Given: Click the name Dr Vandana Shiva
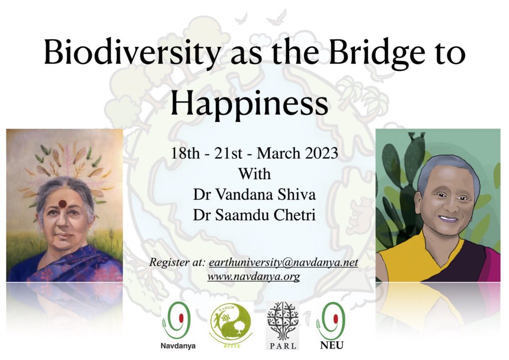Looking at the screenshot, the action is (x=254, y=195).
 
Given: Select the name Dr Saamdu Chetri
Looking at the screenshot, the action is (x=254, y=215).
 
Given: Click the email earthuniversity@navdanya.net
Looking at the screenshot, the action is (x=283, y=262).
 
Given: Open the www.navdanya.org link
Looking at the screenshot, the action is (x=254, y=277).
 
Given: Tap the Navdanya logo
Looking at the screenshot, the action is (x=177, y=325).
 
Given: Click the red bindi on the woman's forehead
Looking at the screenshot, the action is (x=63, y=203).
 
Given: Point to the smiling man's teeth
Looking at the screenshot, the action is (x=448, y=219).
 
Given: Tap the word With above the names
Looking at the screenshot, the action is (x=254, y=174).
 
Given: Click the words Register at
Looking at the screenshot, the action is (x=177, y=262).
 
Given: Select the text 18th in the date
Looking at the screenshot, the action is (x=185, y=153).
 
